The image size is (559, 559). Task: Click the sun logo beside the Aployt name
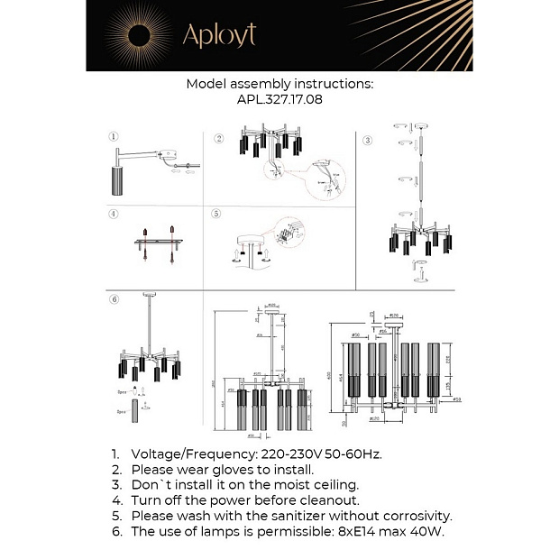(140, 35)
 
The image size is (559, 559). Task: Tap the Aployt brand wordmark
(219, 35)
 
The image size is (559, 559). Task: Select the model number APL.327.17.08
(279, 100)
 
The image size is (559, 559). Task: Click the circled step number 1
(114, 137)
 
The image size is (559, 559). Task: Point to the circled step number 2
(218, 139)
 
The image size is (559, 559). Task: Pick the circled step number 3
(367, 141)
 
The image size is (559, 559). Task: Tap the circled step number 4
(114, 215)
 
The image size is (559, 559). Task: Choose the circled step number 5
(216, 215)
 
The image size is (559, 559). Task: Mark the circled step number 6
(114, 300)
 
